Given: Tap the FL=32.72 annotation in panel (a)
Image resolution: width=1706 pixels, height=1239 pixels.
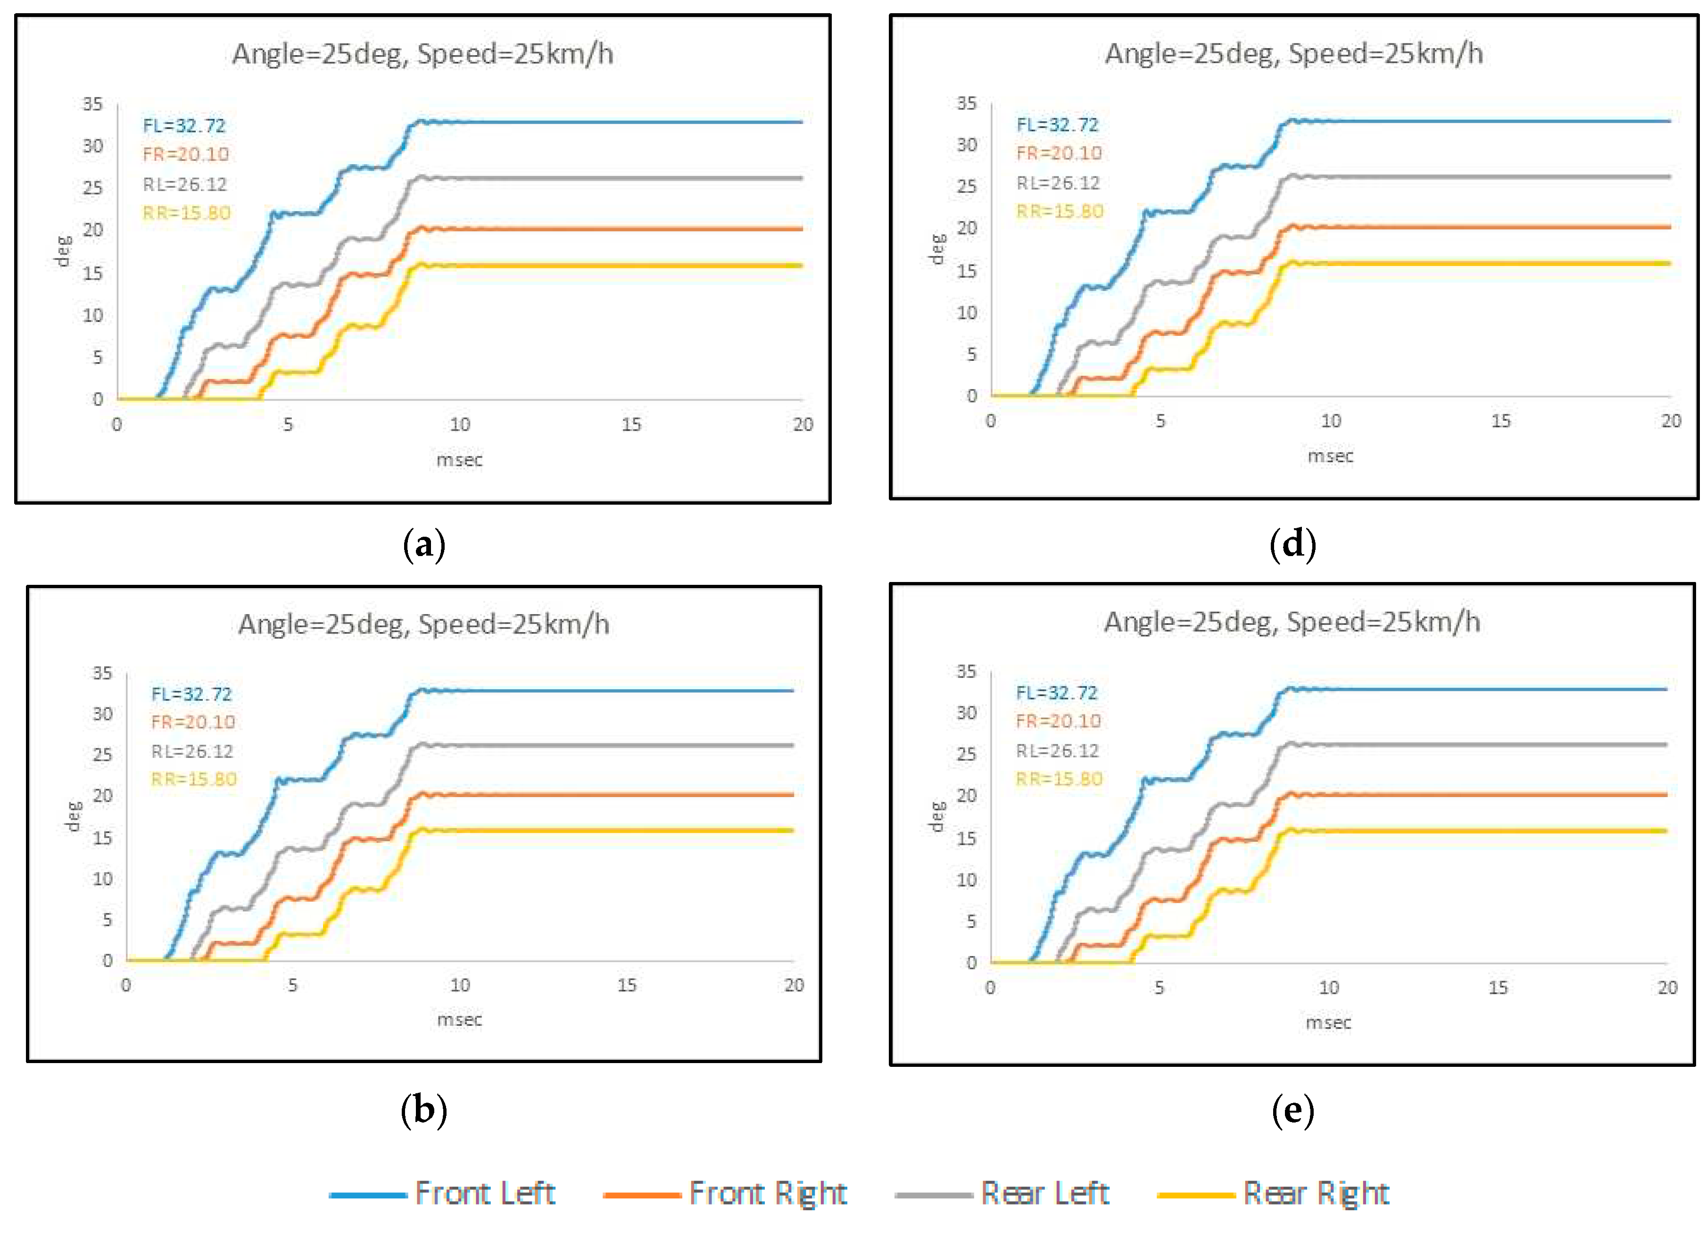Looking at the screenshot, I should (184, 125).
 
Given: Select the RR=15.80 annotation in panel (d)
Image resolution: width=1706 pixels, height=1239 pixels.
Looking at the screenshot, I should (1059, 211).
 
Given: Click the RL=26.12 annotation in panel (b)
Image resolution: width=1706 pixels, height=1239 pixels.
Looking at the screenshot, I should (192, 751).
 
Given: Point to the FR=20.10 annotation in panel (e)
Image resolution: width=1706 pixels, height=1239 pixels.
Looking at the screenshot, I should (1058, 721).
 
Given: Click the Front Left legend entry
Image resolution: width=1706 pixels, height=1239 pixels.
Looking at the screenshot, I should (444, 1193).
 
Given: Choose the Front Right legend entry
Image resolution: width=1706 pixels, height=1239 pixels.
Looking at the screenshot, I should (726, 1193).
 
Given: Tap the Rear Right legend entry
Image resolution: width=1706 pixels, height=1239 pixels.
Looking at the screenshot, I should (1274, 1193).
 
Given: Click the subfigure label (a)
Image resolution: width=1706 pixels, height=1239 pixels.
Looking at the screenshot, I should (424, 544).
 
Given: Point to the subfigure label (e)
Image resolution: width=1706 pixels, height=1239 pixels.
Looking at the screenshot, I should (1292, 1110).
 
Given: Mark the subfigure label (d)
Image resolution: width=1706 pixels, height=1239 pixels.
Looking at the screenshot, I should (1292, 544).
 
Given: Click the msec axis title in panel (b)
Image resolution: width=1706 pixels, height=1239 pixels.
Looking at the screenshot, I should (460, 1019).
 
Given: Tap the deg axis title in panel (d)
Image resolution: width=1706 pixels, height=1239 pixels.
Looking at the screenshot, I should (936, 249).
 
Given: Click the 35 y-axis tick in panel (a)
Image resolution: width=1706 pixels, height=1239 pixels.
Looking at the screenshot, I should (92, 104).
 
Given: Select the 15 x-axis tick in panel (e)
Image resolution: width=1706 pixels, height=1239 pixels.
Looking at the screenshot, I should (1498, 988).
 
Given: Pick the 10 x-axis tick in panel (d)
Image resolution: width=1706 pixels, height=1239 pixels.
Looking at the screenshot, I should (1331, 421).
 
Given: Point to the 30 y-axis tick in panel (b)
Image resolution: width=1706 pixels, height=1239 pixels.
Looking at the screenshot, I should (102, 713).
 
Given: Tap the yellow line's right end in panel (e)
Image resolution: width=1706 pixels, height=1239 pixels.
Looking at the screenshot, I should (1665, 831).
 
